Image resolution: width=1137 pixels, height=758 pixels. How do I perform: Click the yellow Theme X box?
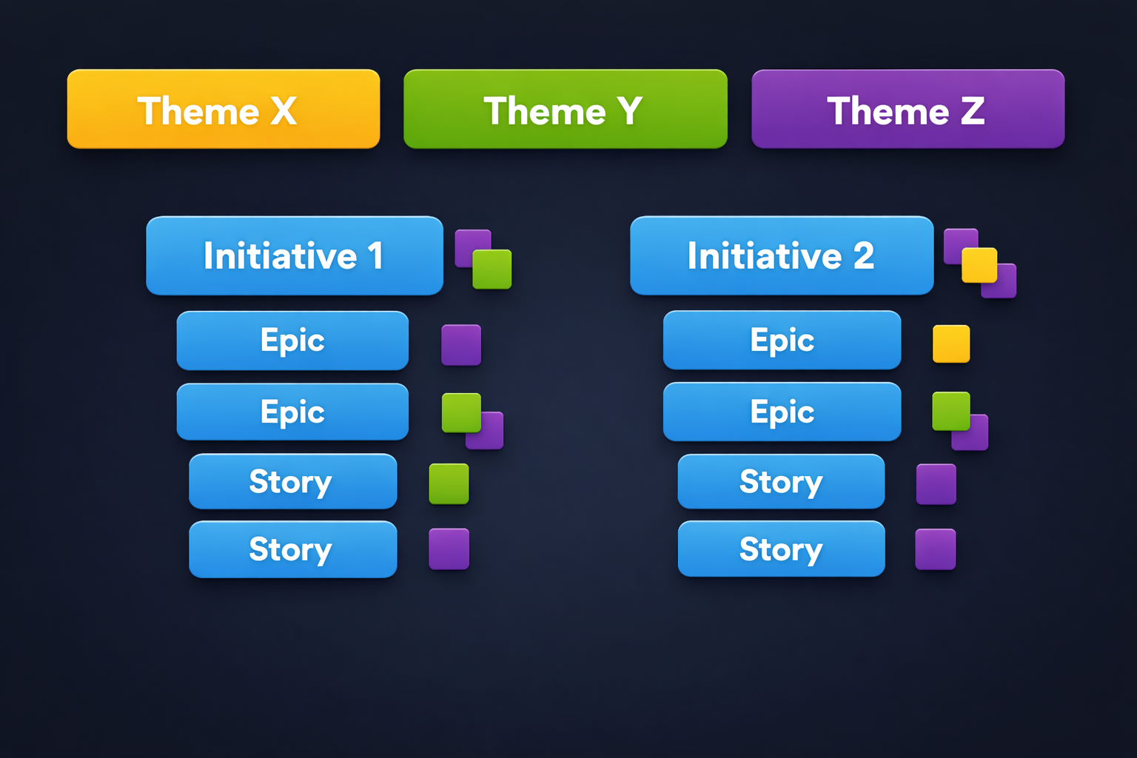point(224,109)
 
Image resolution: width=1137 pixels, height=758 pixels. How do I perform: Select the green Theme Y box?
point(566,109)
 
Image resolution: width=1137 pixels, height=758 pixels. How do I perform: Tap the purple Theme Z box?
point(908,109)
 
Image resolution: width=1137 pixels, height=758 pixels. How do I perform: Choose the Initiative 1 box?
point(295,255)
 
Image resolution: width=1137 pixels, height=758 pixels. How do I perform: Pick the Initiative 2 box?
point(782,255)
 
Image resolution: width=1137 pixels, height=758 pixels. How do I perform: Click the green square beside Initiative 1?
point(492,269)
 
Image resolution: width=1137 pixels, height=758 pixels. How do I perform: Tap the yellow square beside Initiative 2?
point(979,265)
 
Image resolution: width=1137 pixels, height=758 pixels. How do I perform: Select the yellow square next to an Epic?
point(951,343)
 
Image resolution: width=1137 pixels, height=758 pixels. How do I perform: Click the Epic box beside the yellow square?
point(782,340)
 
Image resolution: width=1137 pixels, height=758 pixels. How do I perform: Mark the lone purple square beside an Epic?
point(461,345)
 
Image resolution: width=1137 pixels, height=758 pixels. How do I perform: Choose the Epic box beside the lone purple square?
point(292,341)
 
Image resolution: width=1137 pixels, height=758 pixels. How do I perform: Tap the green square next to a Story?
point(449,484)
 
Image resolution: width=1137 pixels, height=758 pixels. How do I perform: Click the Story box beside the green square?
point(293,481)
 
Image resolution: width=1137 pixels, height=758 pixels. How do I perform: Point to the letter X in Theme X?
point(284,111)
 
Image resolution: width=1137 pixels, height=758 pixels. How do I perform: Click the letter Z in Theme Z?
point(973,111)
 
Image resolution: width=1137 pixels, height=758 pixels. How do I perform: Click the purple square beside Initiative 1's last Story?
point(449,549)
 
